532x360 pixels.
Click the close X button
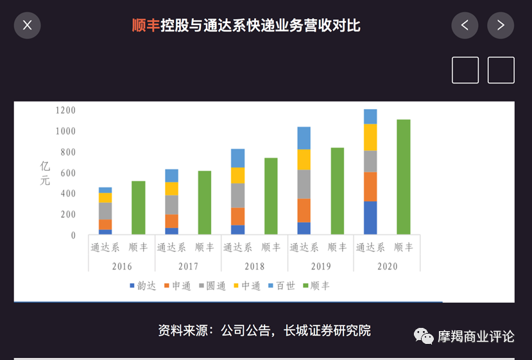pyautogui.click(x=27, y=26)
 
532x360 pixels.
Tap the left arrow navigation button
pyautogui.click(x=465, y=26)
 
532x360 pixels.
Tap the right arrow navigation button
pyautogui.click(x=501, y=26)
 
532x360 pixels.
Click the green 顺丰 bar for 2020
pyautogui.click(x=403, y=176)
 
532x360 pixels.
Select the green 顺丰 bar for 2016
pyautogui.click(x=138, y=207)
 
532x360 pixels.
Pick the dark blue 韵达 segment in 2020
pyautogui.click(x=370, y=218)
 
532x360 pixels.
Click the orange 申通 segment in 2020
pyautogui.click(x=370, y=187)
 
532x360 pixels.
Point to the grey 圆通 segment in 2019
pyautogui.click(x=304, y=184)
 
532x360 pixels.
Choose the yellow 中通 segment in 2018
pyautogui.click(x=237, y=175)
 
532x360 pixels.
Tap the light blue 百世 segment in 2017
pyautogui.click(x=171, y=175)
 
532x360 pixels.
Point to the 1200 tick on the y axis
pyautogui.click(x=65, y=110)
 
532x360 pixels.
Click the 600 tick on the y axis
pyautogui.click(x=67, y=173)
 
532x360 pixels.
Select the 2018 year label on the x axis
pyautogui.click(x=254, y=266)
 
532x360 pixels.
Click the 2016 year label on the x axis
pyautogui.click(x=122, y=266)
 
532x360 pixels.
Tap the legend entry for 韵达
pyautogui.click(x=142, y=286)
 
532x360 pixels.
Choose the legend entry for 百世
pyautogui.click(x=281, y=286)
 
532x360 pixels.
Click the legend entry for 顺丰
pyautogui.click(x=316, y=286)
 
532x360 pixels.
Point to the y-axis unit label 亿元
pyautogui.click(x=45, y=173)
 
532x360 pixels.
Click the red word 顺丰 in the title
pyautogui.click(x=145, y=26)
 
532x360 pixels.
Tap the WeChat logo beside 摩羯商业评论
pyautogui.click(x=424, y=336)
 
